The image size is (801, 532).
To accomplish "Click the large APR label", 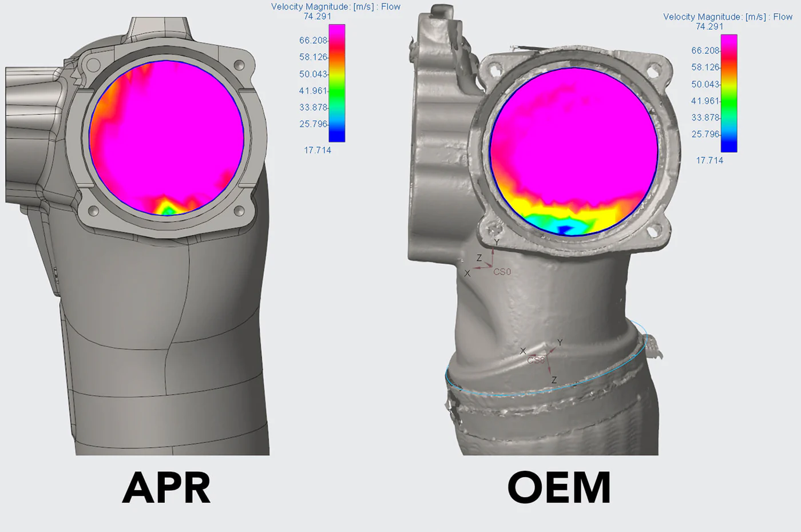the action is [166, 487].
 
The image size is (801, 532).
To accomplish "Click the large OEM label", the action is [559, 487].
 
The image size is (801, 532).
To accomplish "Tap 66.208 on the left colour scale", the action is [314, 41].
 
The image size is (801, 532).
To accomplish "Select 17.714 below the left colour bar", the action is [318, 150].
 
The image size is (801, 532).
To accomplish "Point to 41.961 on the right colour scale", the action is [705, 101].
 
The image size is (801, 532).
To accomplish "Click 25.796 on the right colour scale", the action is [705, 134].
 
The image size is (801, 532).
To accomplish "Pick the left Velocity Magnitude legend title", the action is [336, 7].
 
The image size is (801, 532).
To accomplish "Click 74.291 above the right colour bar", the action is [709, 26].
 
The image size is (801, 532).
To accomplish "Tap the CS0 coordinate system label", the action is [502, 272].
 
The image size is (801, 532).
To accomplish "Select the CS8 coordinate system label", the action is [536, 360].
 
